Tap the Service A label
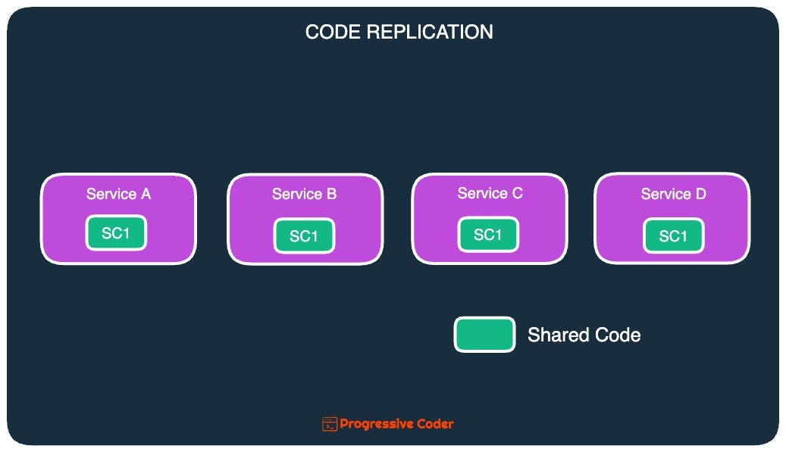(118, 194)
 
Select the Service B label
(304, 195)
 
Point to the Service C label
(490, 193)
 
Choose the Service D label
(673, 194)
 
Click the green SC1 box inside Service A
(116, 233)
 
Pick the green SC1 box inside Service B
(304, 236)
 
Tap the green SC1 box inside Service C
(488, 235)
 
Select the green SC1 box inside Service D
(673, 236)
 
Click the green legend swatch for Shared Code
(484, 335)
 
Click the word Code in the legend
(616, 335)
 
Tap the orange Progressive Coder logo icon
(330, 424)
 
